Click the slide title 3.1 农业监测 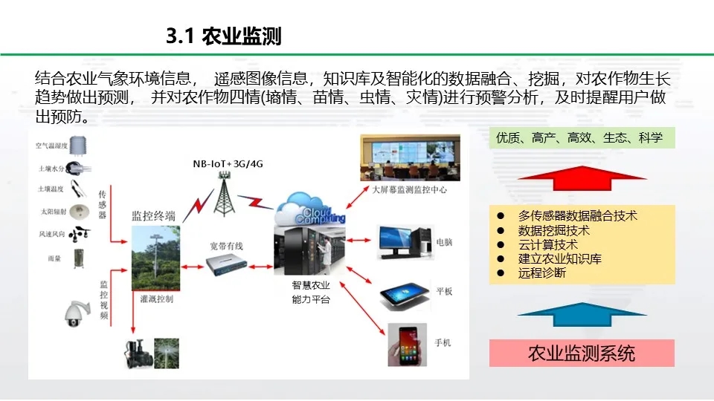point(223,36)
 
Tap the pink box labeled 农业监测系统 point(582,353)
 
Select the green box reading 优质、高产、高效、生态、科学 point(582,137)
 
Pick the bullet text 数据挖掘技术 point(554,230)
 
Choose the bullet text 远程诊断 point(542,273)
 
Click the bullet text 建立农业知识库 point(560,258)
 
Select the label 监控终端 point(153,216)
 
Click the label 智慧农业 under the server point(311,286)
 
